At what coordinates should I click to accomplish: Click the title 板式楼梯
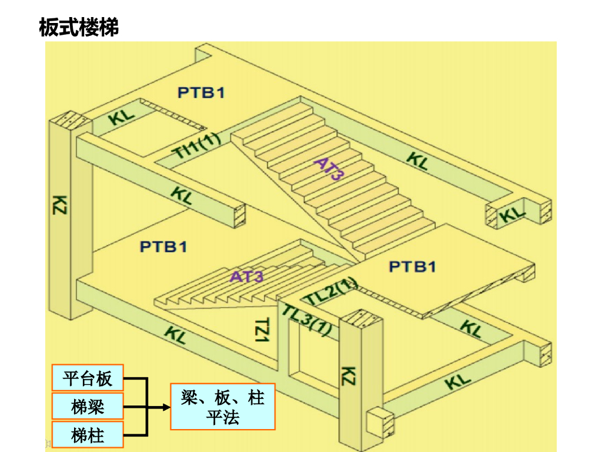point(79,27)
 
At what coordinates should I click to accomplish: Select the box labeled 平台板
point(88,377)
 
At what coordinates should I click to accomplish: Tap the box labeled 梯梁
point(88,406)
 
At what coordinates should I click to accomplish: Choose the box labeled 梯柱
point(88,436)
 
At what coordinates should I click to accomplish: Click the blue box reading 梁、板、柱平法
point(223,407)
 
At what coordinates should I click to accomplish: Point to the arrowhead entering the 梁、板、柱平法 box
point(166,407)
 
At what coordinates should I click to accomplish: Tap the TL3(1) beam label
point(307,321)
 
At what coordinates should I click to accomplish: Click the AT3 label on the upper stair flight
point(329,169)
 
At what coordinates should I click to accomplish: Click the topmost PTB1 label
point(201,92)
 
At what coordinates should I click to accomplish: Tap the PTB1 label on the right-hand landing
point(413,267)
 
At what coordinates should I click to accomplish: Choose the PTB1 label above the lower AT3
point(163,246)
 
